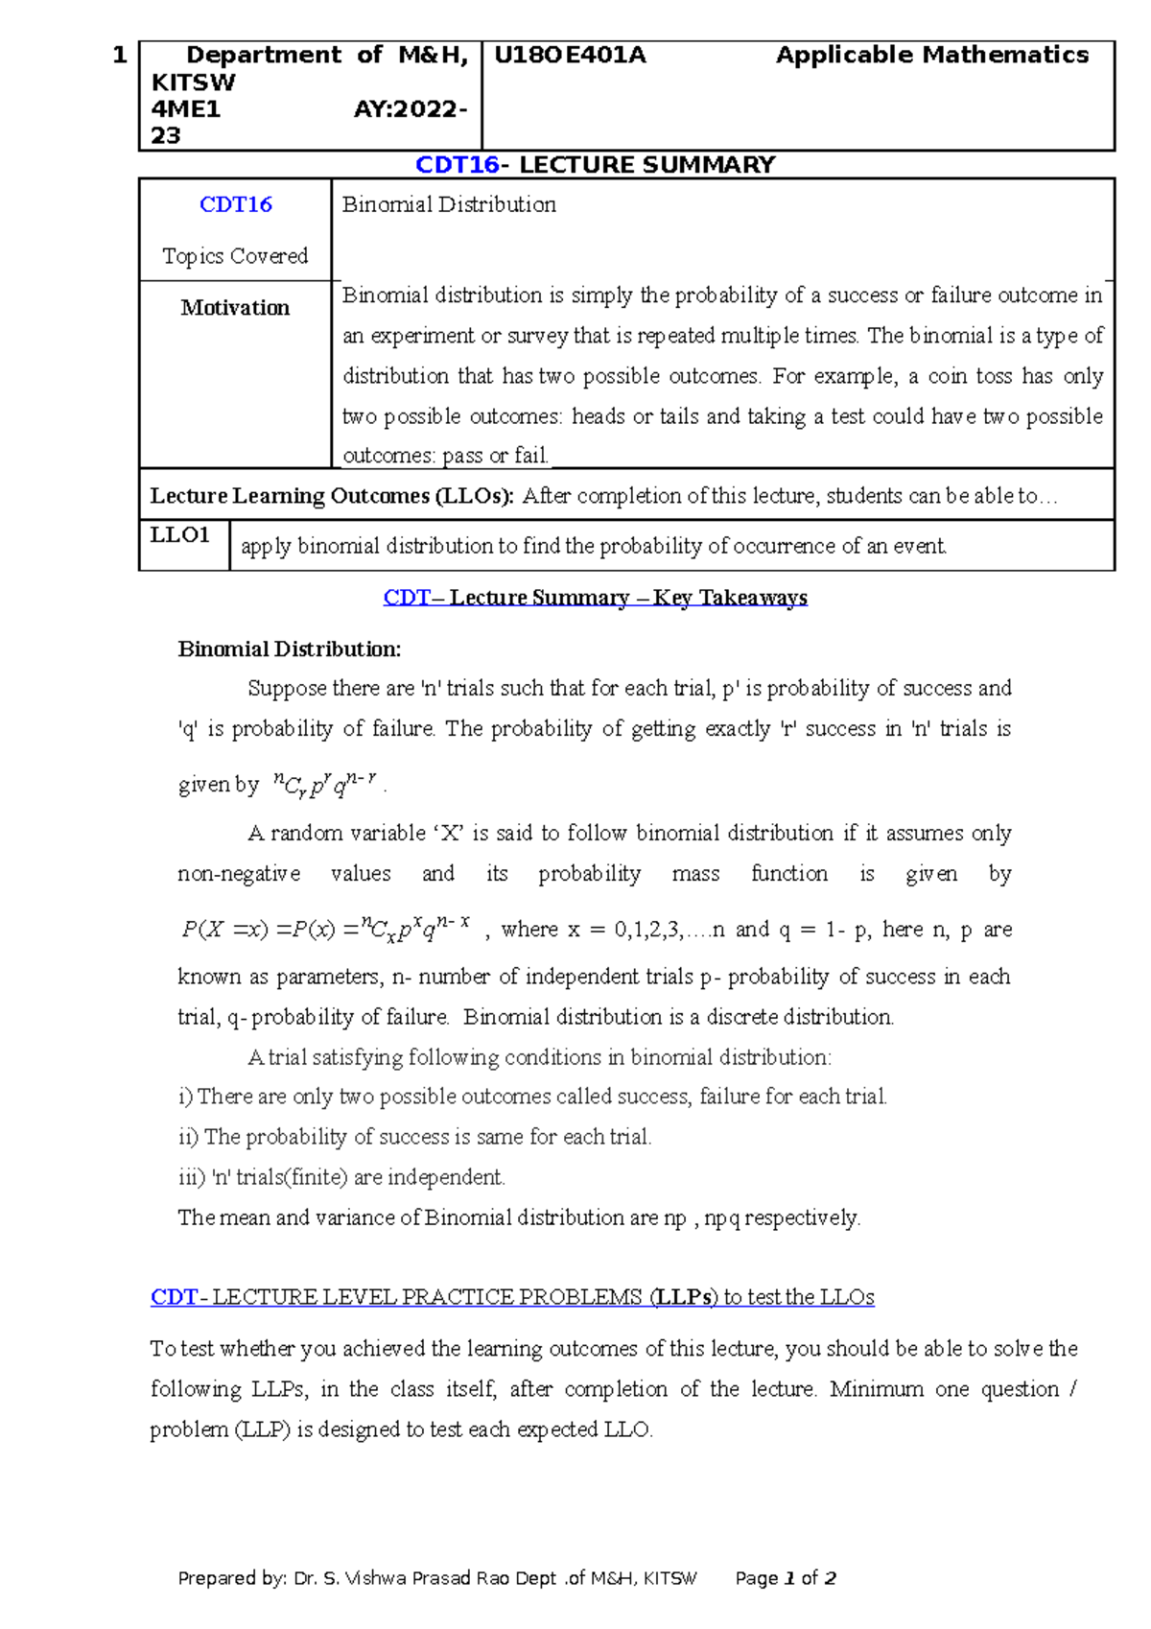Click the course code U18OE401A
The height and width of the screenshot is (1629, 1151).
tap(570, 56)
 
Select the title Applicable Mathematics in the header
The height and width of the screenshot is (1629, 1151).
tap(931, 56)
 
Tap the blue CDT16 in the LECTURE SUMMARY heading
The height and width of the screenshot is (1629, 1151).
tap(457, 165)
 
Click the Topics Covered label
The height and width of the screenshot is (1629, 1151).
tap(235, 256)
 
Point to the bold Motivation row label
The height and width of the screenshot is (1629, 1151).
tap(235, 308)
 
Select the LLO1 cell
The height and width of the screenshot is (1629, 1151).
tap(180, 535)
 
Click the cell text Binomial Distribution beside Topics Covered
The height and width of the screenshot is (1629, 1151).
tap(449, 204)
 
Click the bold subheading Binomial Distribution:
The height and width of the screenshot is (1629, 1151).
tap(289, 649)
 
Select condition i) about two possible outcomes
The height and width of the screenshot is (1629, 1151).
tap(532, 1097)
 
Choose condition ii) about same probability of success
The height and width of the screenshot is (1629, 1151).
tap(414, 1137)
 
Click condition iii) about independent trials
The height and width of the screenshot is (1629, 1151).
tap(341, 1177)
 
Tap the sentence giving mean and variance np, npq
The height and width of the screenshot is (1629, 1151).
tap(519, 1217)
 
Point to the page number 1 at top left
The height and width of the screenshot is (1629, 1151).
tap(119, 56)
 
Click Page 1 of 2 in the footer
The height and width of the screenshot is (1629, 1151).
tap(786, 1578)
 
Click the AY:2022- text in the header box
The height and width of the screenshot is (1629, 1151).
tap(410, 109)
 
